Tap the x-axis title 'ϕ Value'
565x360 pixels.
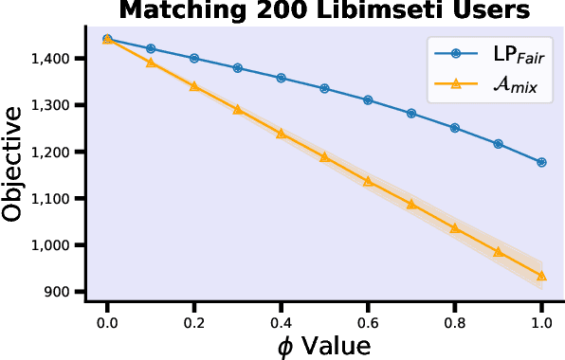point(324,345)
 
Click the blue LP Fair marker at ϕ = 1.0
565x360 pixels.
point(541,162)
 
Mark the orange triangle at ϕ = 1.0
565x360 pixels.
point(541,276)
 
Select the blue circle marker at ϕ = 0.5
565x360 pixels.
point(324,88)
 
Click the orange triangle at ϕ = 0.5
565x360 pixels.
point(324,156)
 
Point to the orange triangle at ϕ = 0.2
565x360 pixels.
point(194,85)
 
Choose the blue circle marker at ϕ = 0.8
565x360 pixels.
point(455,128)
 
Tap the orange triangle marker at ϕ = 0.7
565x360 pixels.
point(411,203)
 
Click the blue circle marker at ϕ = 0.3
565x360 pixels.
point(238,68)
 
